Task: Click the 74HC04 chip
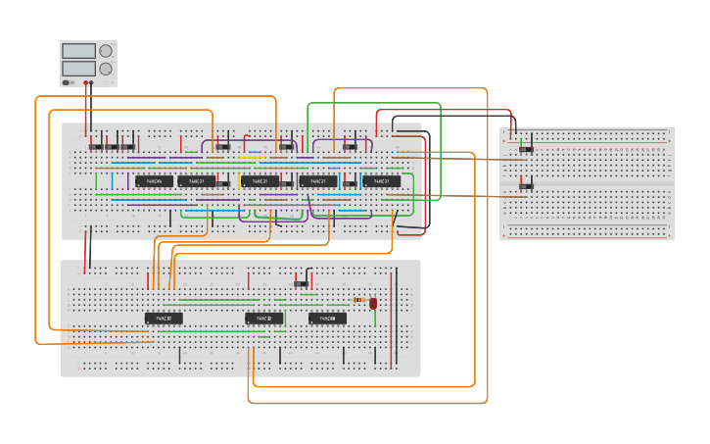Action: (154, 181)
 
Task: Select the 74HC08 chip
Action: (328, 319)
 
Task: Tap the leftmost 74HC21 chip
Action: (197, 181)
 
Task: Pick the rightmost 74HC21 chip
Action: (381, 181)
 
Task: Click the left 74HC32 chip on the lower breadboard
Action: (164, 319)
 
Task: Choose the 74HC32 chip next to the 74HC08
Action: (263, 319)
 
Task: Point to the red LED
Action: (373, 304)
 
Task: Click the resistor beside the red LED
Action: (358, 300)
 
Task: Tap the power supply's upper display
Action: (77, 51)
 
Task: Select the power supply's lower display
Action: (77, 69)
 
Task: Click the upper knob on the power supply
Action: (105, 51)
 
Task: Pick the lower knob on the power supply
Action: (105, 69)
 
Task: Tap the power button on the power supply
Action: (66, 82)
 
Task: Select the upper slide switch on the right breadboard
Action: (526, 149)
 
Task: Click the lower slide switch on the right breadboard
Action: (526, 184)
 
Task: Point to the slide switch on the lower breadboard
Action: (303, 284)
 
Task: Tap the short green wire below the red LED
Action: (373, 316)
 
